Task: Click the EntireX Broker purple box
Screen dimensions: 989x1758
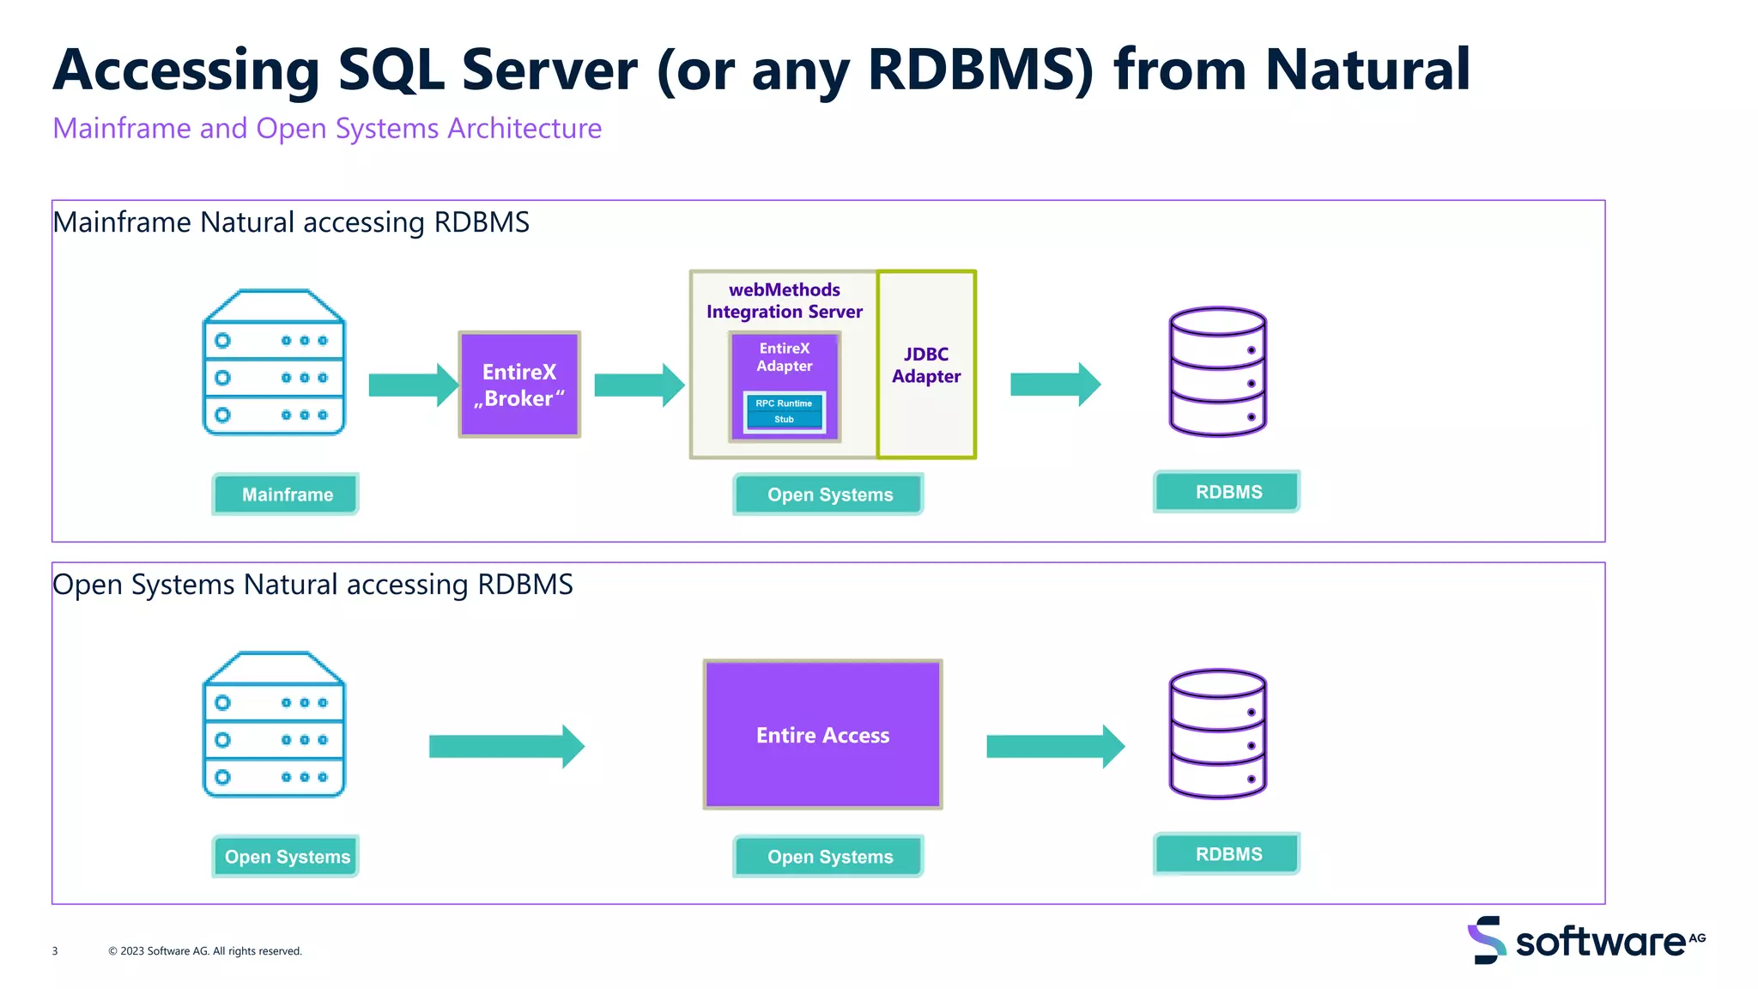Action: [x=519, y=385]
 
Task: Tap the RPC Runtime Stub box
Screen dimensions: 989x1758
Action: [x=784, y=412]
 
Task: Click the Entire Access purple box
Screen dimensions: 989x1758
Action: [x=822, y=735]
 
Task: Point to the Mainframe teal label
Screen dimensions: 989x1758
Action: [x=287, y=494]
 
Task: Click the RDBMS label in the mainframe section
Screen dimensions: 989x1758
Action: [x=1228, y=492]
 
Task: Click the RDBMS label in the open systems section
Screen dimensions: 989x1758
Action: [x=1228, y=854]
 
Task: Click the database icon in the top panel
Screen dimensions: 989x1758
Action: [x=1217, y=372]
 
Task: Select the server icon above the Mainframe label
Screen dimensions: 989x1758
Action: [x=274, y=363]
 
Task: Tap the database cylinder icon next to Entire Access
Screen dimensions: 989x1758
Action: [x=1217, y=734]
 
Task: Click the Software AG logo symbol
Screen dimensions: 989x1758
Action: [x=1487, y=940]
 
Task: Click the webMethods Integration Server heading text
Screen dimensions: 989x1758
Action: [x=785, y=300]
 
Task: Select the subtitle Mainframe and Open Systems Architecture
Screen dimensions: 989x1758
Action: [x=327, y=129]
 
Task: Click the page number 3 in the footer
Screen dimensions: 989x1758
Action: [x=55, y=951]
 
